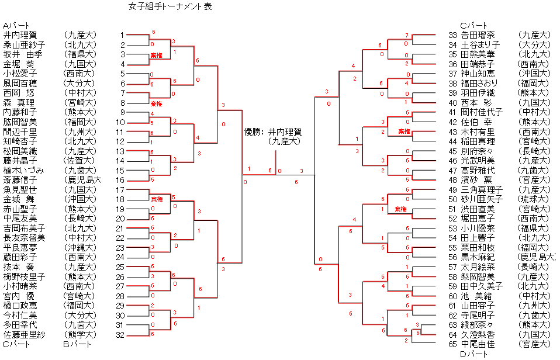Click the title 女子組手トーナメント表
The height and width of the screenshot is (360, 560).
170,7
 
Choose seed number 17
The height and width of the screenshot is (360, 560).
121,189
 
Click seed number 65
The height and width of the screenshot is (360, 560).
452,344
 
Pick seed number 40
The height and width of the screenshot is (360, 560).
452,102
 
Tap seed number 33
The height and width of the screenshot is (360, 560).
452,35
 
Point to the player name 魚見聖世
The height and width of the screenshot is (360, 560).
20,189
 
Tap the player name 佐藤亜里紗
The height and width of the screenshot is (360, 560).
24,334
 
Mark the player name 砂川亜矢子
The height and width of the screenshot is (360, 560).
482,199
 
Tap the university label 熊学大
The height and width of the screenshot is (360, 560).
80,334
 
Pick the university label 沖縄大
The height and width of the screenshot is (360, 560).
80,247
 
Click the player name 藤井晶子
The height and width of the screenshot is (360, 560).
20,160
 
